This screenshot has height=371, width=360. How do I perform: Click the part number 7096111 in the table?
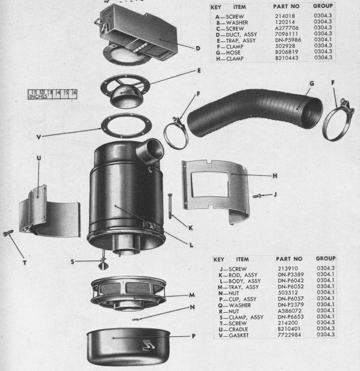tap(286, 34)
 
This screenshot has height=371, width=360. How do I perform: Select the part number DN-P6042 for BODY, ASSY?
tap(290, 280)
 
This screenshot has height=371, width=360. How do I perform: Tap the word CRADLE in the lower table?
tap(238, 329)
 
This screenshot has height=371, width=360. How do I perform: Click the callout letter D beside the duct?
tap(198, 49)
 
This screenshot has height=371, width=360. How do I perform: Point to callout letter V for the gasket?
tap(39, 137)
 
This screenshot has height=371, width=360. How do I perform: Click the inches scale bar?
tap(53, 94)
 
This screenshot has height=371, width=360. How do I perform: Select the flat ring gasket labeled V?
tap(127, 125)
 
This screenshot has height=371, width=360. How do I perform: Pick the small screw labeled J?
tap(257, 196)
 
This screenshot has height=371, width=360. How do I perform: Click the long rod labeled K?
tap(170, 206)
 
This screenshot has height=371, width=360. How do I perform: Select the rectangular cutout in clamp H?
tap(210, 184)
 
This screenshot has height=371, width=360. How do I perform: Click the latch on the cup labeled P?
tap(149, 345)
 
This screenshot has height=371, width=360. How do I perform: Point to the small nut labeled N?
tap(136, 319)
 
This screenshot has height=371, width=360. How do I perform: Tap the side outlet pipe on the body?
tap(150, 151)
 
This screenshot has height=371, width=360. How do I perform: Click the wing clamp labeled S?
tap(103, 262)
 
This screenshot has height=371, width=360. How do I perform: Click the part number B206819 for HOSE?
tap(287, 52)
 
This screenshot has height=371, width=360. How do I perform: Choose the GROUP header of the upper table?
tap(323, 6)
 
